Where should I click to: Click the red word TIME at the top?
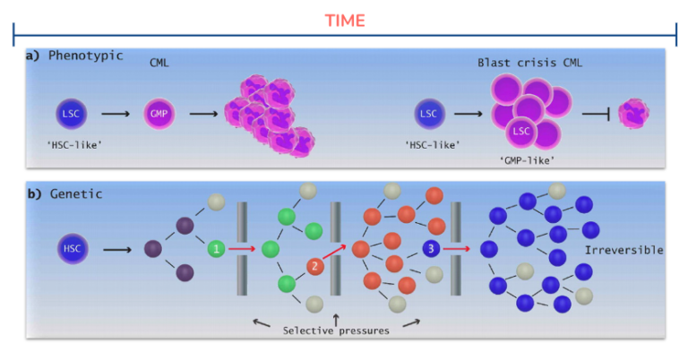(345, 21)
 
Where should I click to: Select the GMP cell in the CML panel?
(159, 114)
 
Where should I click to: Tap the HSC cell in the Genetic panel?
(73, 248)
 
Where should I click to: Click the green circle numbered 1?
(216, 249)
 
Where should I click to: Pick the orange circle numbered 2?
(314, 266)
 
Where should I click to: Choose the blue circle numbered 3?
(431, 249)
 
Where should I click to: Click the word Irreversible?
(623, 250)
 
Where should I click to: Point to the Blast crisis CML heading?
(530, 63)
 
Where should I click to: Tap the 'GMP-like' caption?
(527, 160)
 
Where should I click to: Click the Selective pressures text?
(336, 330)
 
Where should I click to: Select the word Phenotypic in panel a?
(86, 56)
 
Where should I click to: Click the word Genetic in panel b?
(76, 193)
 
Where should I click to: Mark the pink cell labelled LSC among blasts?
(520, 131)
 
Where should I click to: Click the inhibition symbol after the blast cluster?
(596, 114)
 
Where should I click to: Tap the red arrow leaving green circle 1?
(242, 249)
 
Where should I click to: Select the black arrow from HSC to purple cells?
(117, 250)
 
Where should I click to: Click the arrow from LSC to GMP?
(116, 114)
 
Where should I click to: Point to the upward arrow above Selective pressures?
(336, 319)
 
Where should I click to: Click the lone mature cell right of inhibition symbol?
(633, 113)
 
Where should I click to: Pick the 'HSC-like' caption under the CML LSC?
(74, 145)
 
